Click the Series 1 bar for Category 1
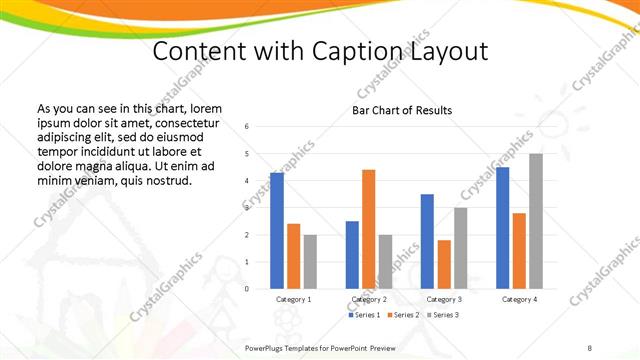pos(277,231)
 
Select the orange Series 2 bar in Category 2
pos(368,229)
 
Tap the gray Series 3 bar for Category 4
pos(536,221)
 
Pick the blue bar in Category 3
pos(427,241)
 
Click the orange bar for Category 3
pos(444,264)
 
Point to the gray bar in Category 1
pos(310,262)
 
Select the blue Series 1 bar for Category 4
pos(502,228)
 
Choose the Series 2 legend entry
pos(402,315)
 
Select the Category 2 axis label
pos(368,299)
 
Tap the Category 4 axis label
pos(519,299)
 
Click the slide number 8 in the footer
pos(590,346)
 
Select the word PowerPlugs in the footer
pos(270,346)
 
